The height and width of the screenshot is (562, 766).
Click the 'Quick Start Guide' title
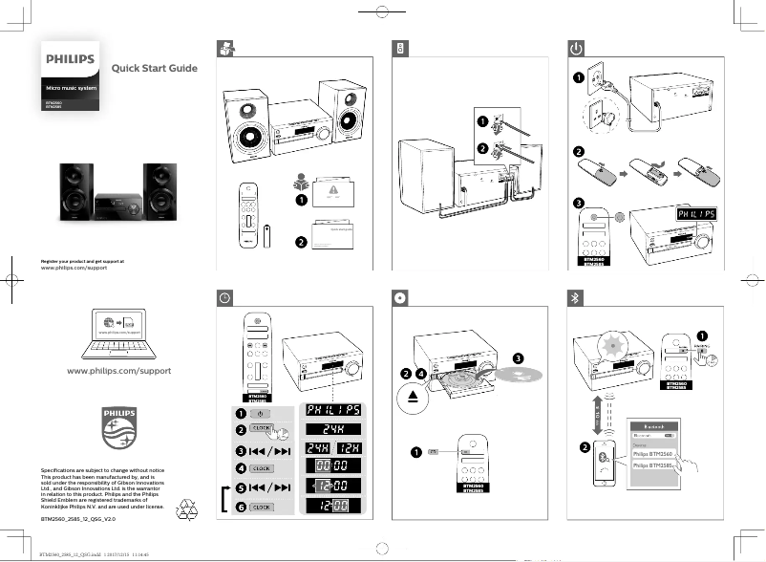(155, 68)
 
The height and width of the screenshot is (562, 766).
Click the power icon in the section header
(576, 47)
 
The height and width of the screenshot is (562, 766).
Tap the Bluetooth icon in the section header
(576, 296)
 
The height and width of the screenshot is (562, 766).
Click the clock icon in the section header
(223, 296)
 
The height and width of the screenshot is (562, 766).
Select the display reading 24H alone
(332, 430)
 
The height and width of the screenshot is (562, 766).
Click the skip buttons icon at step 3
(268, 449)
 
